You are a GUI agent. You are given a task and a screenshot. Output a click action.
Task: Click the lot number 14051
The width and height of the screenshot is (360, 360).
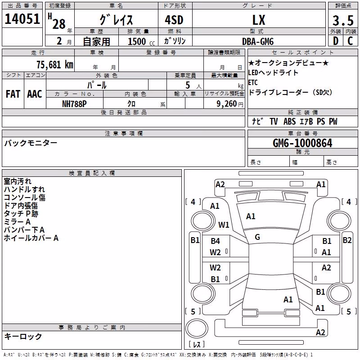[x=22, y=19]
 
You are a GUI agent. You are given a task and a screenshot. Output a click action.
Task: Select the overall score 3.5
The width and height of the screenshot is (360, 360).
[x=343, y=20]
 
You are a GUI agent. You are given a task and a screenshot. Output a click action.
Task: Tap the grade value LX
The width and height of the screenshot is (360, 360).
[x=259, y=20]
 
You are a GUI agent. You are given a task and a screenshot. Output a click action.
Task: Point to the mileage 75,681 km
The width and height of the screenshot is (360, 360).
[x=55, y=65]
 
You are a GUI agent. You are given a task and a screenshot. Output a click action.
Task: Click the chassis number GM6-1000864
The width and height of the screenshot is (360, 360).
[x=302, y=143]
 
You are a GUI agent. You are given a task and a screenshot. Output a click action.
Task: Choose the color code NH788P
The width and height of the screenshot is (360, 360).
[x=74, y=104]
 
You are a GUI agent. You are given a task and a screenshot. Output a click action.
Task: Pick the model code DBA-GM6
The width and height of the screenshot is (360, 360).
[x=258, y=41]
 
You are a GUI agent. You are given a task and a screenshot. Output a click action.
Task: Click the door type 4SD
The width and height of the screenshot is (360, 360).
[x=174, y=20]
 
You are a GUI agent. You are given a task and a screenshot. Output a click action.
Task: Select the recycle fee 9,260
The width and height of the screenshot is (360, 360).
[x=227, y=104]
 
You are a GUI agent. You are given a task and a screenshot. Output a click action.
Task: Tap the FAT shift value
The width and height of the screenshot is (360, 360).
[x=13, y=94]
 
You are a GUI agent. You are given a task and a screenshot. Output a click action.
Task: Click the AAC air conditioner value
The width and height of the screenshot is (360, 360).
[x=35, y=94]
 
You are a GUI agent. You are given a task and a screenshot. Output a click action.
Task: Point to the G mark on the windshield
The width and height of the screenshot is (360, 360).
[x=257, y=237]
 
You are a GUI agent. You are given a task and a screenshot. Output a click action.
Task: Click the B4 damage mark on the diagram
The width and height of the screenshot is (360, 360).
[x=216, y=241]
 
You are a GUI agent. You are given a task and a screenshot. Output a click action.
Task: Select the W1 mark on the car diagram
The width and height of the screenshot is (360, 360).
[x=224, y=225]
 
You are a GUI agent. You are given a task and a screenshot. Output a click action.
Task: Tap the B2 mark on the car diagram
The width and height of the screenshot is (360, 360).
[x=347, y=240]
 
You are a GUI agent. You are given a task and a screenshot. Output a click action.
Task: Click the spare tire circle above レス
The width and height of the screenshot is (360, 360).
[x=197, y=328]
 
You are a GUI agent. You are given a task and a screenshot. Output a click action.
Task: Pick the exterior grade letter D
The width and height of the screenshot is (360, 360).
[x=336, y=41]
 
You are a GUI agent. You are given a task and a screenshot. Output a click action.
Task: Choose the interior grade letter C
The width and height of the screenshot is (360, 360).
[x=350, y=41]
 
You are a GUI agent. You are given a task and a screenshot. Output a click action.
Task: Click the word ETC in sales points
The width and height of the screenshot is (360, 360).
[x=253, y=82]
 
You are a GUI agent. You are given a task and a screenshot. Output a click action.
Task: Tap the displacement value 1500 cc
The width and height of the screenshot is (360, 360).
[x=141, y=41]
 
